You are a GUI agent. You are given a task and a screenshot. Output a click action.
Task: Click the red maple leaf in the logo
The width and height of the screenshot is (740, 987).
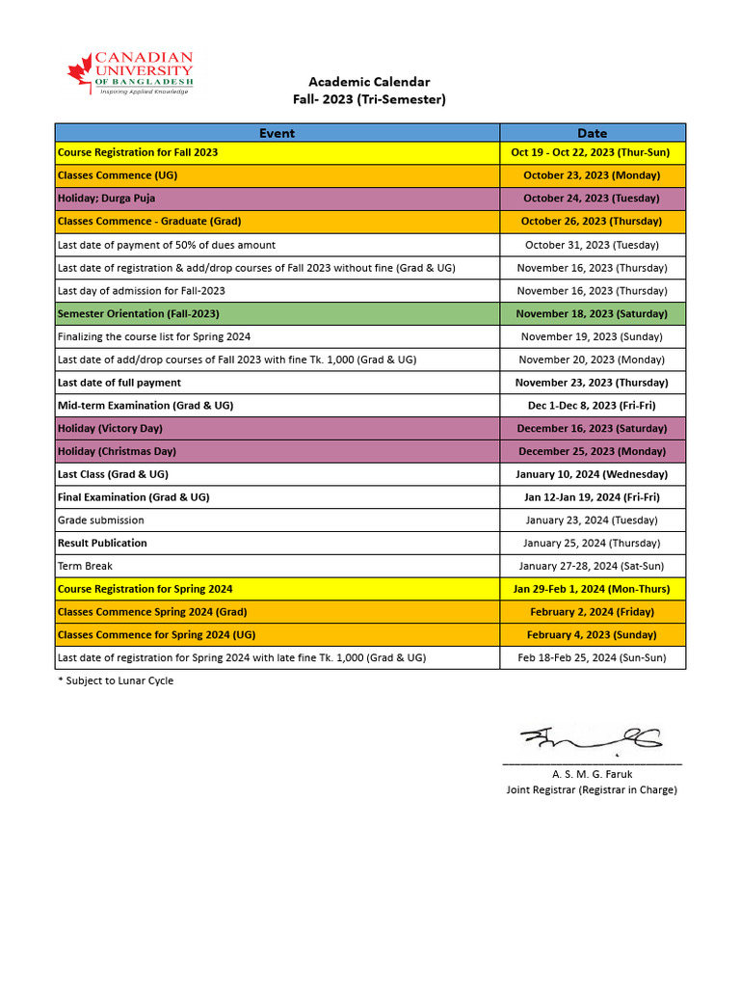[x=81, y=70]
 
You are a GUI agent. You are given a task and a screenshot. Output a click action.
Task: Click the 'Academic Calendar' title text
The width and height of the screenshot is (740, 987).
[x=369, y=82]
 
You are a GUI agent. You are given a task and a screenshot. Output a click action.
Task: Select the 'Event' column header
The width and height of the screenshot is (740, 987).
[x=277, y=133]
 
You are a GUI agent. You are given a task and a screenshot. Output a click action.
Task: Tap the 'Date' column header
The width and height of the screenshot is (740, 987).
[x=592, y=133]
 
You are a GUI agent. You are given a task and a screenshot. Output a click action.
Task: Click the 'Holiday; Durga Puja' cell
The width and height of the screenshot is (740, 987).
[x=106, y=199]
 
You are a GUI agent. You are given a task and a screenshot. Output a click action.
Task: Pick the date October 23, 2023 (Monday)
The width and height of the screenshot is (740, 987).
[x=592, y=175]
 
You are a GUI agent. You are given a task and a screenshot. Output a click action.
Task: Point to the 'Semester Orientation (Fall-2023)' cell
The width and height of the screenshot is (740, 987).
[x=138, y=313]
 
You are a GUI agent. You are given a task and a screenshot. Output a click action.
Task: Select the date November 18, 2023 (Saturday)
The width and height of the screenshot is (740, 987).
[x=592, y=313]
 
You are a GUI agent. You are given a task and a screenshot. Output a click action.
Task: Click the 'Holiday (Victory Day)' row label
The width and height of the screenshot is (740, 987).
[x=110, y=428]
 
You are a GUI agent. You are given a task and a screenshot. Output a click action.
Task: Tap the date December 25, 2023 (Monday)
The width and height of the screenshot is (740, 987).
[x=592, y=451]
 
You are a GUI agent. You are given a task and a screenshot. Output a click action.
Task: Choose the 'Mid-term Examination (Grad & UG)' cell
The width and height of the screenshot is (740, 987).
[x=145, y=406]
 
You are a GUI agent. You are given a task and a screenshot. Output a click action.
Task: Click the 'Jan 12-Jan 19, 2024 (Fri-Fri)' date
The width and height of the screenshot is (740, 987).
[x=592, y=497]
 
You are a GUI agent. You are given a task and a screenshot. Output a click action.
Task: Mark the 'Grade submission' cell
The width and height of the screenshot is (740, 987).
[x=101, y=520]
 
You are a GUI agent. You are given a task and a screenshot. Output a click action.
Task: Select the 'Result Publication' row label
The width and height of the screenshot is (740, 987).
[x=102, y=544]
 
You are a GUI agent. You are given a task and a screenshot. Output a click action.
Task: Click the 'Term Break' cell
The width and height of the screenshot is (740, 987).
[x=85, y=566]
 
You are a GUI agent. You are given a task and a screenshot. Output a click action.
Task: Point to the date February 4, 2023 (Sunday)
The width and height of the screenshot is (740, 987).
[x=592, y=635]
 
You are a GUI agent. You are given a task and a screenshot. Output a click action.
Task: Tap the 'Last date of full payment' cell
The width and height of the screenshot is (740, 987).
[x=119, y=383]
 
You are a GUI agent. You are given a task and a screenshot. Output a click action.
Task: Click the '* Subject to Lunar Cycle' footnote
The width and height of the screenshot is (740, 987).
[x=116, y=681]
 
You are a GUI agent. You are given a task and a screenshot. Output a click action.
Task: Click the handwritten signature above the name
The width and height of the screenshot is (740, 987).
[x=591, y=739]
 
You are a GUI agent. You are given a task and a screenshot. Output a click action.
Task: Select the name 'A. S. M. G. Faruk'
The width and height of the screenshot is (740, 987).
[x=592, y=774]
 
